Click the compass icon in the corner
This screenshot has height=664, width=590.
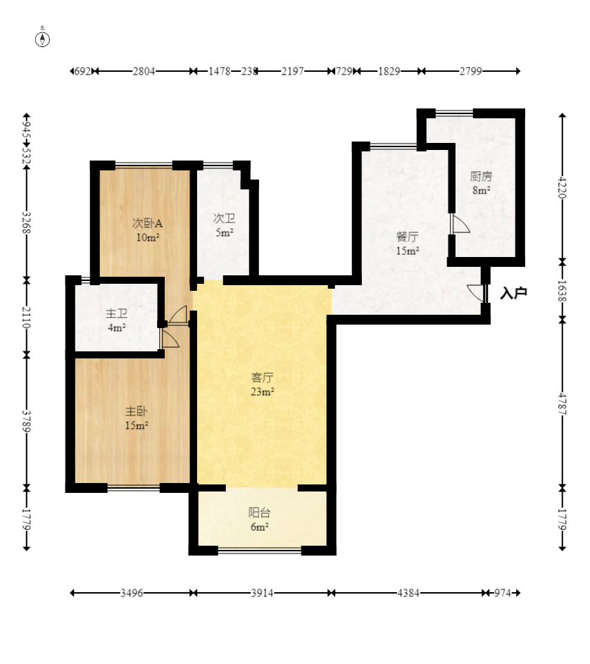click(42, 38)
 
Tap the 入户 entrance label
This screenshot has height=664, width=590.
click(513, 293)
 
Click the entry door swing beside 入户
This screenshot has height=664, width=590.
click(476, 293)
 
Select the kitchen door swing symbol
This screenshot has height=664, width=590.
click(460, 224)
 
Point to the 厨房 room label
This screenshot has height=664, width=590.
click(481, 176)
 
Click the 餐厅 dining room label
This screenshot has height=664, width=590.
click(408, 237)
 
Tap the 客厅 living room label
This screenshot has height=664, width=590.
click(262, 377)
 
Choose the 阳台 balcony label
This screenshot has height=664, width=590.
click(259, 513)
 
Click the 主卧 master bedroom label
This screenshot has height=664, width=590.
click(137, 411)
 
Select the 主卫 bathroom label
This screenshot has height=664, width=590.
click(116, 313)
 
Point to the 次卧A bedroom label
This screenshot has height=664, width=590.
click(147, 223)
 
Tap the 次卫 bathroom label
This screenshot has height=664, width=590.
click(224, 218)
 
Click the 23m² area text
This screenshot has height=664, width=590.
click(262, 391)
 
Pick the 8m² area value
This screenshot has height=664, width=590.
click(482, 190)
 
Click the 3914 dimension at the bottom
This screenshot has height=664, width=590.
click(262, 593)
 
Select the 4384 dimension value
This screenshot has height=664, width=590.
click(408, 593)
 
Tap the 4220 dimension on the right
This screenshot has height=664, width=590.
click(562, 187)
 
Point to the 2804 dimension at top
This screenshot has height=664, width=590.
click(144, 71)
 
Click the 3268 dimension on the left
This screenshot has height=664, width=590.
click(26, 223)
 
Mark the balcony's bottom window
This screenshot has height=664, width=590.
click(260, 551)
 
